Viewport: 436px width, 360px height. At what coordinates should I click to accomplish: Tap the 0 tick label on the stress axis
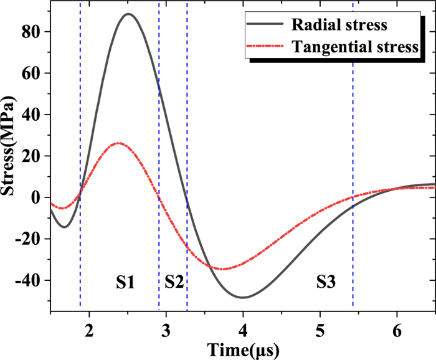39,197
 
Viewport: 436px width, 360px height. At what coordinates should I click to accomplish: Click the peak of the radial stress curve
128,14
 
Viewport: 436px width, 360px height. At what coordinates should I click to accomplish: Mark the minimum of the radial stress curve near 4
243,297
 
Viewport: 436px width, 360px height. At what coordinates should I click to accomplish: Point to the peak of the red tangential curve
118,143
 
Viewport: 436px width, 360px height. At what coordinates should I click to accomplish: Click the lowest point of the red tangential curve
223,269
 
